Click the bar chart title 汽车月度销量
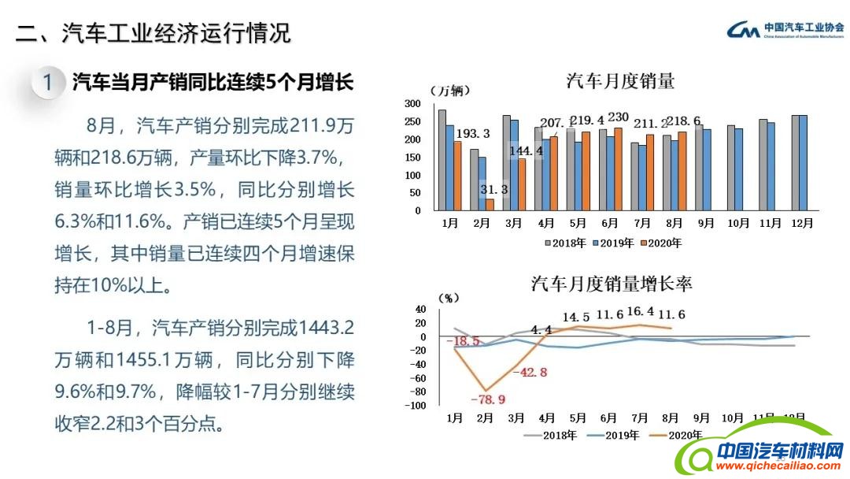coord(620,81)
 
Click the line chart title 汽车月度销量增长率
coord(612,284)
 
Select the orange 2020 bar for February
coord(489,205)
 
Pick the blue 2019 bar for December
coord(803,163)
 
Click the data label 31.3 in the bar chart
coord(493,189)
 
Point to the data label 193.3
coord(473,133)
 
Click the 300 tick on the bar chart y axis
coord(412,104)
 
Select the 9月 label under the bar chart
coord(702,223)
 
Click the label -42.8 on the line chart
coord(529,373)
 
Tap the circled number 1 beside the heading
coord(48,82)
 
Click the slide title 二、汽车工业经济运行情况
coord(154,33)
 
